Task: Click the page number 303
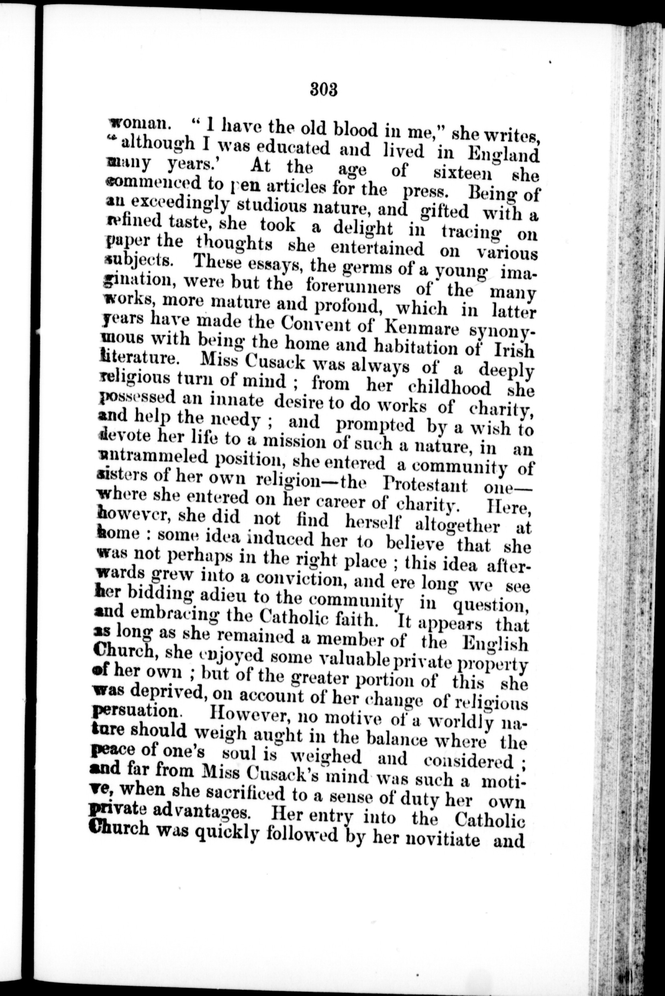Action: pyautogui.click(x=324, y=90)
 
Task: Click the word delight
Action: pyautogui.click(x=363, y=228)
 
